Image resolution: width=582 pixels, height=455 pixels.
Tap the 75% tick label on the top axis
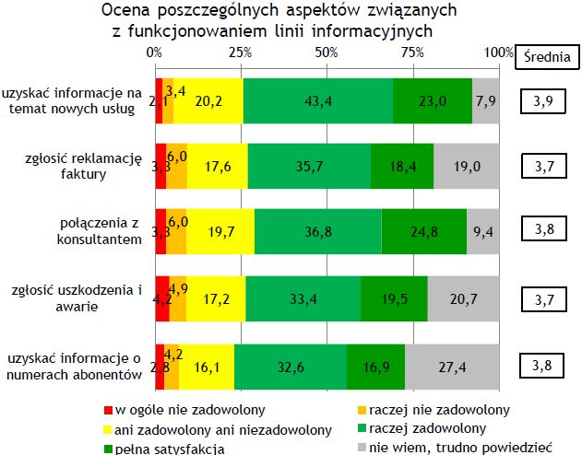(412, 53)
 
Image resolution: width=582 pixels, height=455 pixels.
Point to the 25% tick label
(241, 53)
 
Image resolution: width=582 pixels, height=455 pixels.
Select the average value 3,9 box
(542, 100)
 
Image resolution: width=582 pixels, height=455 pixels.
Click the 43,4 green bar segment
(320, 100)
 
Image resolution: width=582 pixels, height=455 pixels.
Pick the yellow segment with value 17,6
(218, 167)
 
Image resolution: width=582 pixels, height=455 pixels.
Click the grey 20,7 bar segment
(463, 298)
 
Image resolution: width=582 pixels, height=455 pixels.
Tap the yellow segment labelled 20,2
(208, 100)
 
